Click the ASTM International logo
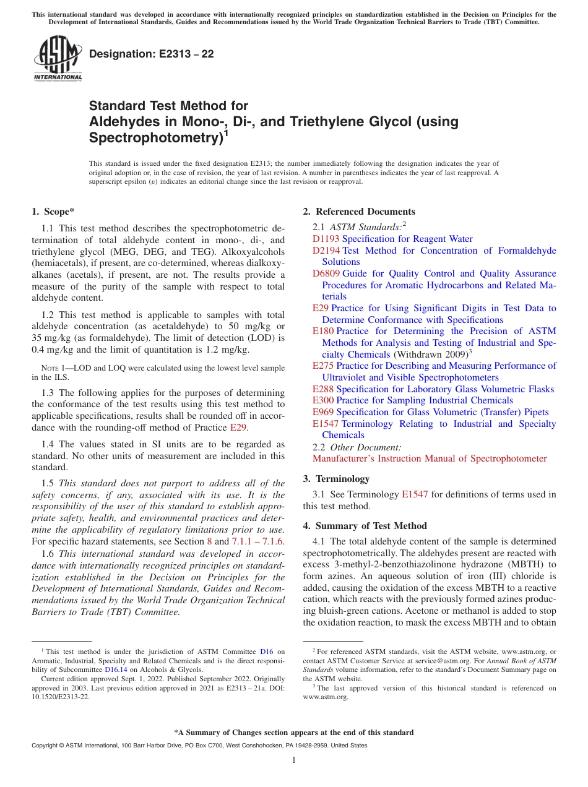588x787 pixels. click(x=58, y=59)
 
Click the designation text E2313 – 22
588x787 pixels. click(x=152, y=54)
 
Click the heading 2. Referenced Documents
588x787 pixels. click(x=359, y=212)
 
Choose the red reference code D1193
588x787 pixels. click(x=326, y=239)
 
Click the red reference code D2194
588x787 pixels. click(x=326, y=251)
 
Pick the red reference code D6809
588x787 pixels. click(x=326, y=273)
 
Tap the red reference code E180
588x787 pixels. click(x=323, y=331)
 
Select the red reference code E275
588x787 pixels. click(x=323, y=366)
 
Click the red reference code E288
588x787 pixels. click(x=323, y=389)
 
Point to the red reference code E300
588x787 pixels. click(x=323, y=400)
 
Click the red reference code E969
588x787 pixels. click(x=323, y=412)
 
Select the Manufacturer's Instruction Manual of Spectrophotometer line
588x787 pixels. click(x=430, y=458)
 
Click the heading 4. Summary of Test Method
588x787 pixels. click(x=365, y=526)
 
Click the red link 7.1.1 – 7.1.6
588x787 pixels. click(x=257, y=541)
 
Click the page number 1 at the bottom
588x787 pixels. click(x=294, y=760)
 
